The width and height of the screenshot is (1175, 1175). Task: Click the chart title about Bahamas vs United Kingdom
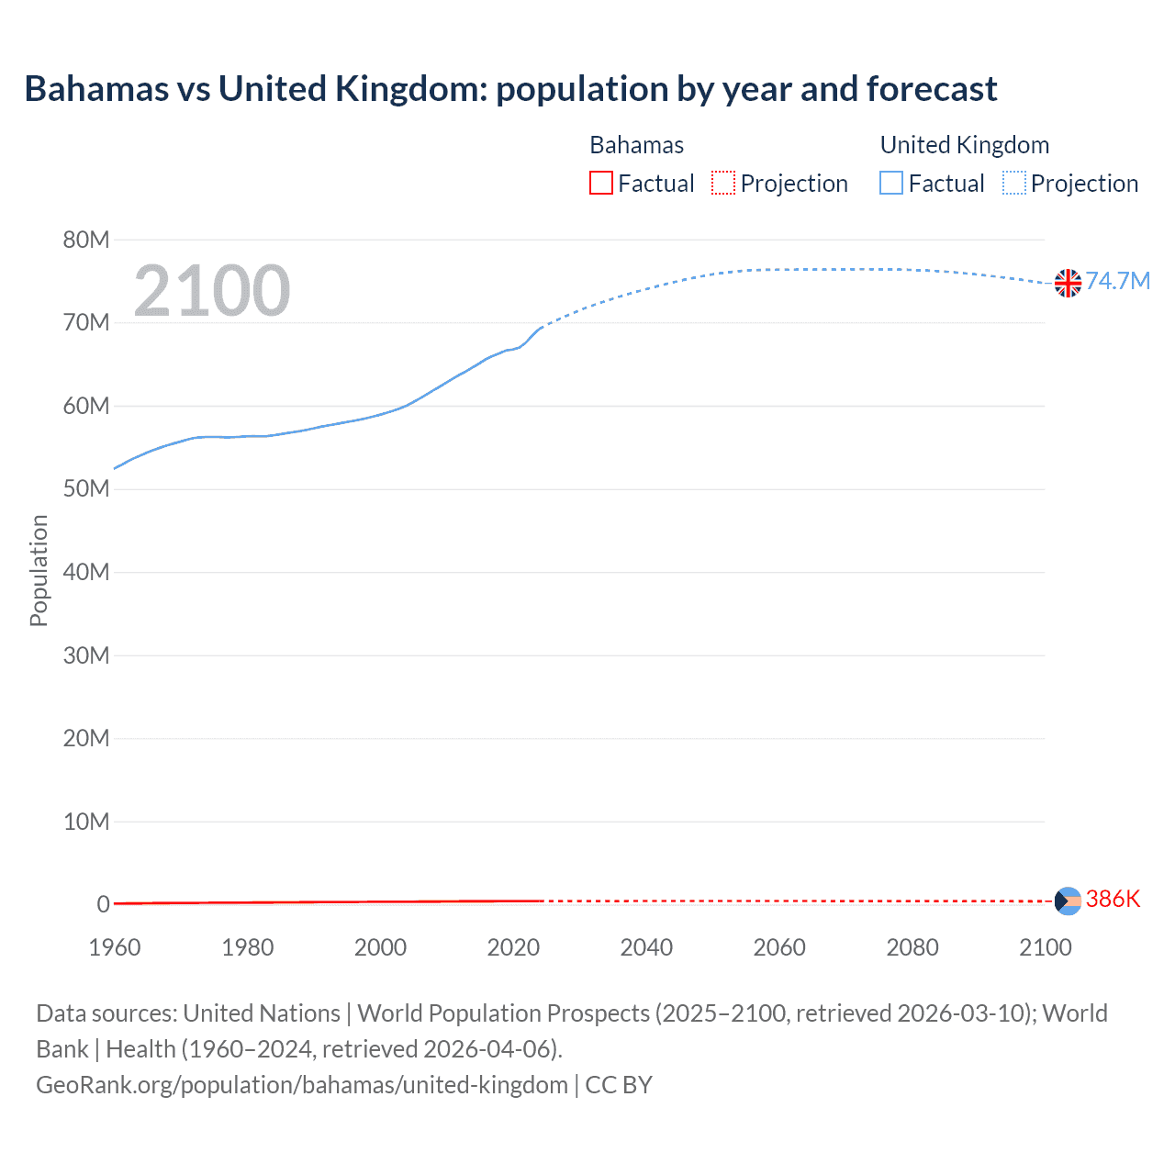pos(510,89)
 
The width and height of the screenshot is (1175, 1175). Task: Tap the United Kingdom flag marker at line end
pos(1068,283)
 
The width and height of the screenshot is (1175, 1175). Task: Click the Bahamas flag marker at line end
pos(1068,901)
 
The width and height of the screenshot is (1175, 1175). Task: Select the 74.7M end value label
pos(1117,281)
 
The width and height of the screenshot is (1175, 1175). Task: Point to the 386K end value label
pos(1113,899)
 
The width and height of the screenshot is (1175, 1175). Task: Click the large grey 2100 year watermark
pos(211,291)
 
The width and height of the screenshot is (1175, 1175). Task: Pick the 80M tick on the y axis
pos(86,241)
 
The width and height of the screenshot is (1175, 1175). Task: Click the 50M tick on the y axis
pos(86,489)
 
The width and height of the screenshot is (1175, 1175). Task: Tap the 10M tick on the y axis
pos(86,822)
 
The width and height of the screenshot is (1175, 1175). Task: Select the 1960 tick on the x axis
pos(115,947)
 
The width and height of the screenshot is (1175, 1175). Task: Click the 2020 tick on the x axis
pos(513,947)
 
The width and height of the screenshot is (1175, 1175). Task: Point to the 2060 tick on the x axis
pos(779,947)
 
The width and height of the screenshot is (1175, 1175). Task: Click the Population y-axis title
pos(39,570)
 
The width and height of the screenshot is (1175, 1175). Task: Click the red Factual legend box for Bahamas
pos(601,184)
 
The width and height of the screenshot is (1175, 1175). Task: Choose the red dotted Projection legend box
pos(723,184)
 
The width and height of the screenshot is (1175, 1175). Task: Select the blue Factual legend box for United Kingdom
pos(891,184)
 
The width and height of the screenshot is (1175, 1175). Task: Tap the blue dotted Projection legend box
pos(1013,184)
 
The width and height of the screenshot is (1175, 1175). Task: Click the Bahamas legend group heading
pos(636,145)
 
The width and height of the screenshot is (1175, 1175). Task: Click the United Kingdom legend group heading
pos(964,145)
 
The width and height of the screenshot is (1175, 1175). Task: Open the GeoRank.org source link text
pos(302,1085)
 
